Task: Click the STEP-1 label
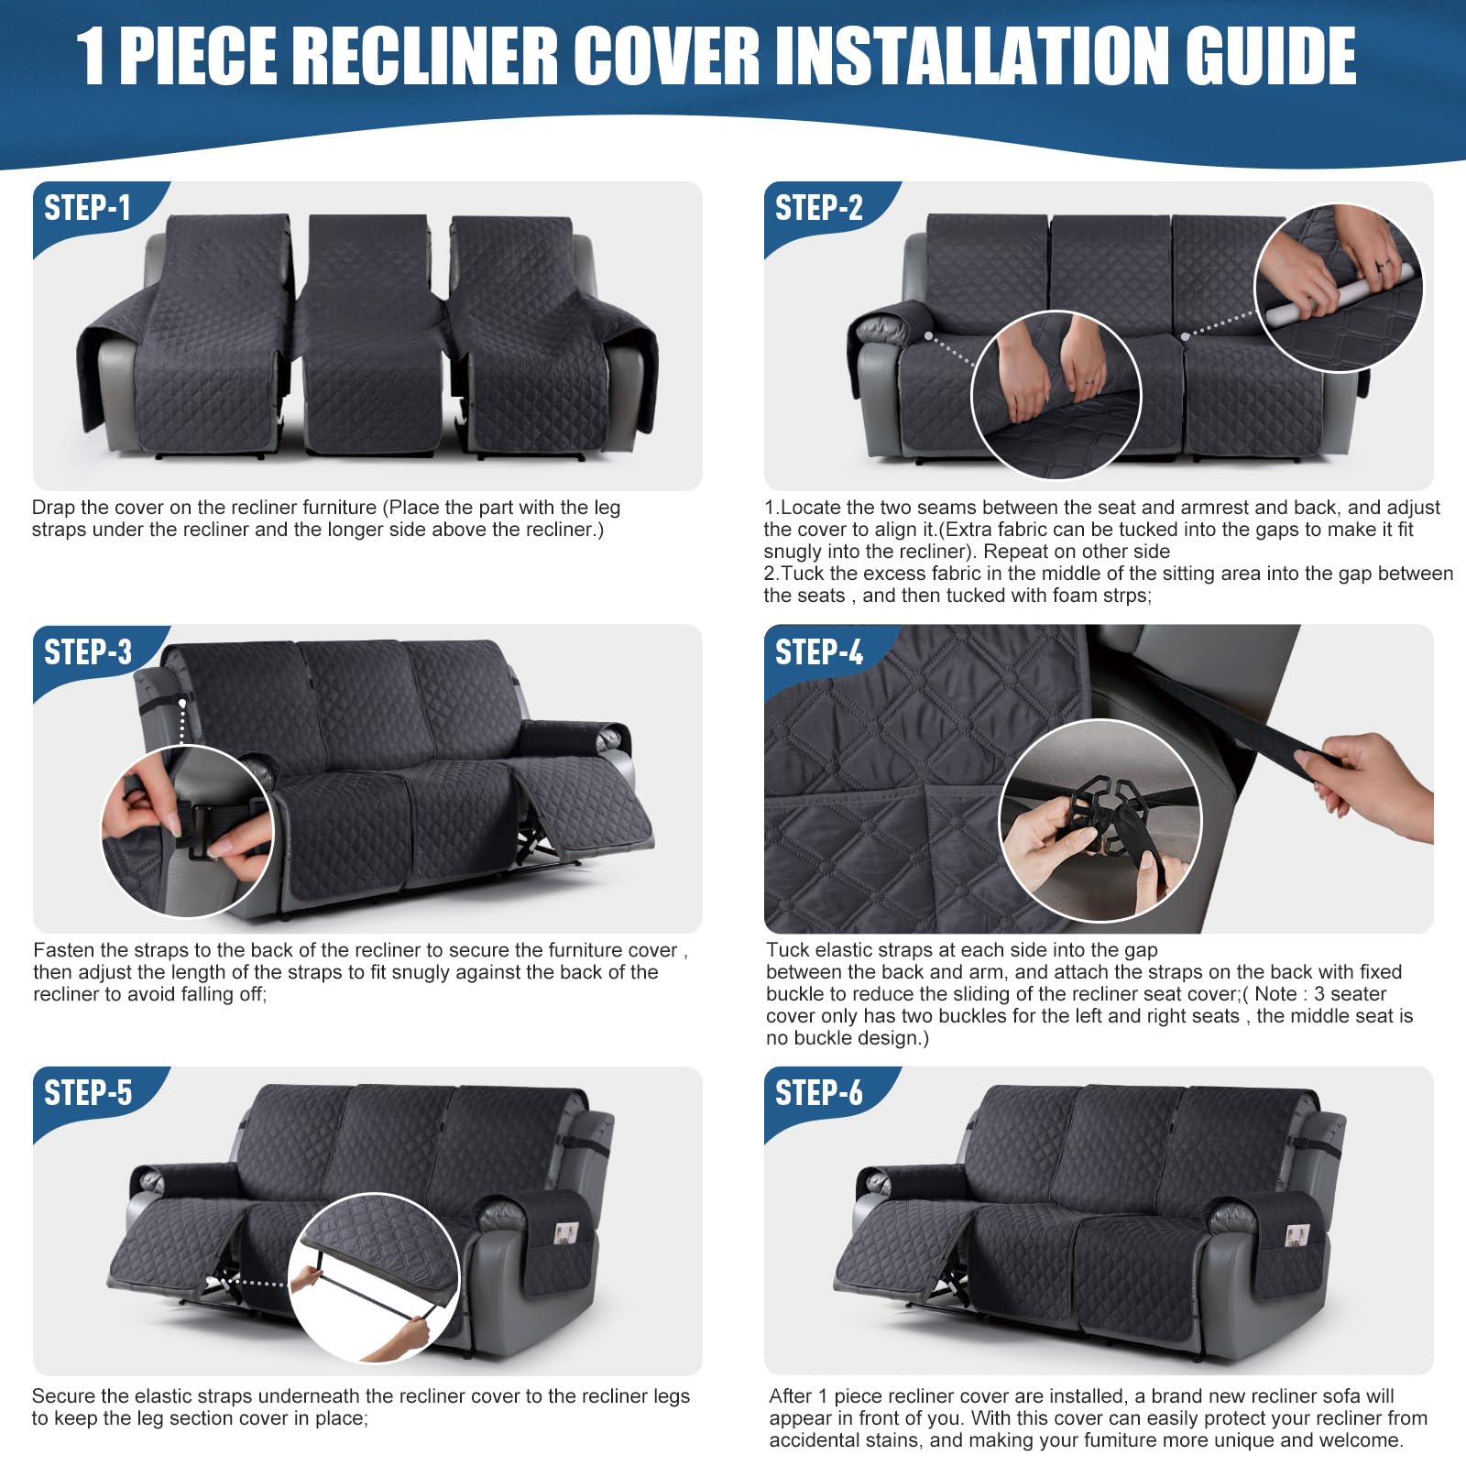pyautogui.click(x=88, y=208)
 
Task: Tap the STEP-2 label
pyautogui.click(x=818, y=208)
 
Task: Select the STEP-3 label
pyautogui.click(x=88, y=652)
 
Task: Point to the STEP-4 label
pyautogui.click(x=818, y=652)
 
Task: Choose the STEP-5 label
pyautogui.click(x=88, y=1093)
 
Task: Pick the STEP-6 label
pyautogui.click(x=818, y=1093)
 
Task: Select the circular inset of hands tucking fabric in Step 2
pyautogui.click(x=1056, y=395)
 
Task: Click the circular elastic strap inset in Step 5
pyautogui.click(x=374, y=1276)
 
